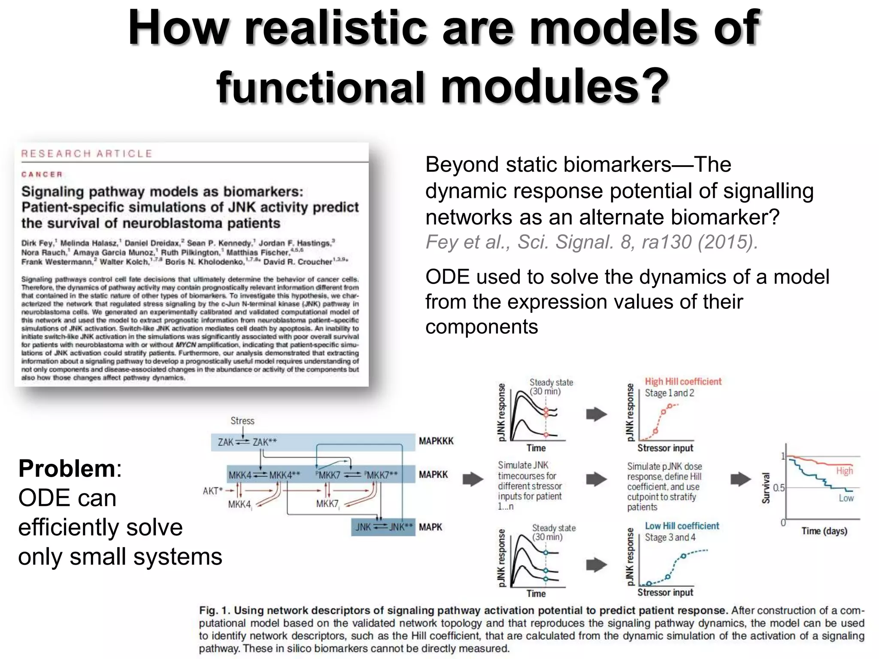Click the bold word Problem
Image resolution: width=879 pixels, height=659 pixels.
pyautogui.click(x=67, y=469)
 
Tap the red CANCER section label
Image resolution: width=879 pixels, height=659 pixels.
pyautogui.click(x=42, y=174)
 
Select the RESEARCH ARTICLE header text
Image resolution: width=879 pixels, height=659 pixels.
pyautogui.click(x=87, y=154)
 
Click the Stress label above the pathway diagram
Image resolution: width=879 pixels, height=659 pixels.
pyautogui.click(x=242, y=420)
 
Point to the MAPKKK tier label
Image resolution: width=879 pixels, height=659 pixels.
pyautogui.click(x=436, y=441)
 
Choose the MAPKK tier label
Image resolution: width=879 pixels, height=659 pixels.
pyautogui.click(x=433, y=475)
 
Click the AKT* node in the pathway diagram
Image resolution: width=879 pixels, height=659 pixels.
pyautogui.click(x=212, y=490)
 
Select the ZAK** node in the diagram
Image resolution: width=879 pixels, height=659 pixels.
pyautogui.click(x=265, y=442)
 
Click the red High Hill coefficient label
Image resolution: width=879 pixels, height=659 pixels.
pyautogui.click(x=683, y=381)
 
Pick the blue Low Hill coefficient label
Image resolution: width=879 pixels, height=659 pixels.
pyautogui.click(x=682, y=526)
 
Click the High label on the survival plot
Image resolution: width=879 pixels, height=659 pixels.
pyautogui.click(x=844, y=471)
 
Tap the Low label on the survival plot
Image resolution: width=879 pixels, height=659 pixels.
pyautogui.click(x=846, y=498)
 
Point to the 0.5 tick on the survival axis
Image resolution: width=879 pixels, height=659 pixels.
pyautogui.click(x=779, y=488)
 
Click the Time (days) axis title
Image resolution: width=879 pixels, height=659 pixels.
pyautogui.click(x=824, y=531)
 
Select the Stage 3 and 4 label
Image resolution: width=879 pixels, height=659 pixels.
pyautogui.click(x=670, y=537)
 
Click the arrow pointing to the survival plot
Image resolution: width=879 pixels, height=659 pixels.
pyautogui.click(x=740, y=479)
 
